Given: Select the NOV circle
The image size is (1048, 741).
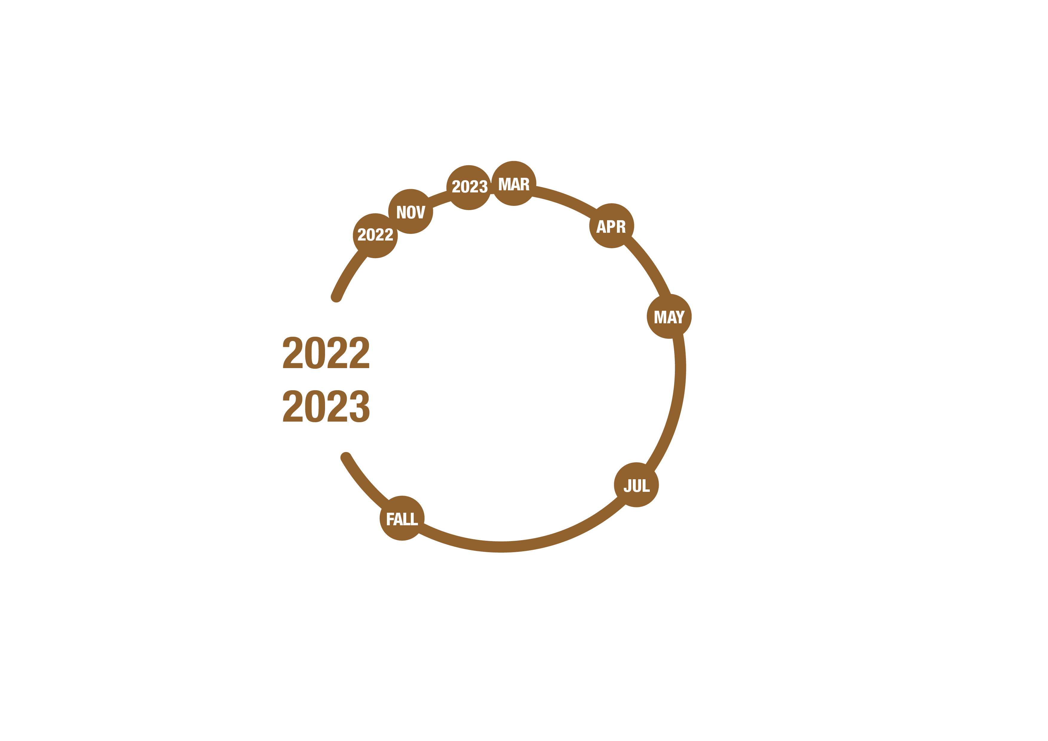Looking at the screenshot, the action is click(411, 211).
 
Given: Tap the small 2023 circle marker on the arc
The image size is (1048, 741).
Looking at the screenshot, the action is click(469, 188).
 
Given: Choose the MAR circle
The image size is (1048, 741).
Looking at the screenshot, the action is click(514, 183).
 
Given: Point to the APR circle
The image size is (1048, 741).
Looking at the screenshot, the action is click(612, 226).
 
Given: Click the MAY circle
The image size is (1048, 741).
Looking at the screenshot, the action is click(669, 316).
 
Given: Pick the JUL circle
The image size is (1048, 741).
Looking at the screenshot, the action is click(636, 485).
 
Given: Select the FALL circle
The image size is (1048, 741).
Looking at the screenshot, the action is click(402, 518).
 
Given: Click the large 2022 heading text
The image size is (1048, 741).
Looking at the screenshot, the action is click(326, 353).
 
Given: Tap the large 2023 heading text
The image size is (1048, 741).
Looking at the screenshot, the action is click(326, 406).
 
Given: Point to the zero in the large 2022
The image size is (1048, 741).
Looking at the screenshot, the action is click(315, 353).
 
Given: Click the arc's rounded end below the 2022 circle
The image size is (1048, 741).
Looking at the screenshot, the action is click(336, 297).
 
